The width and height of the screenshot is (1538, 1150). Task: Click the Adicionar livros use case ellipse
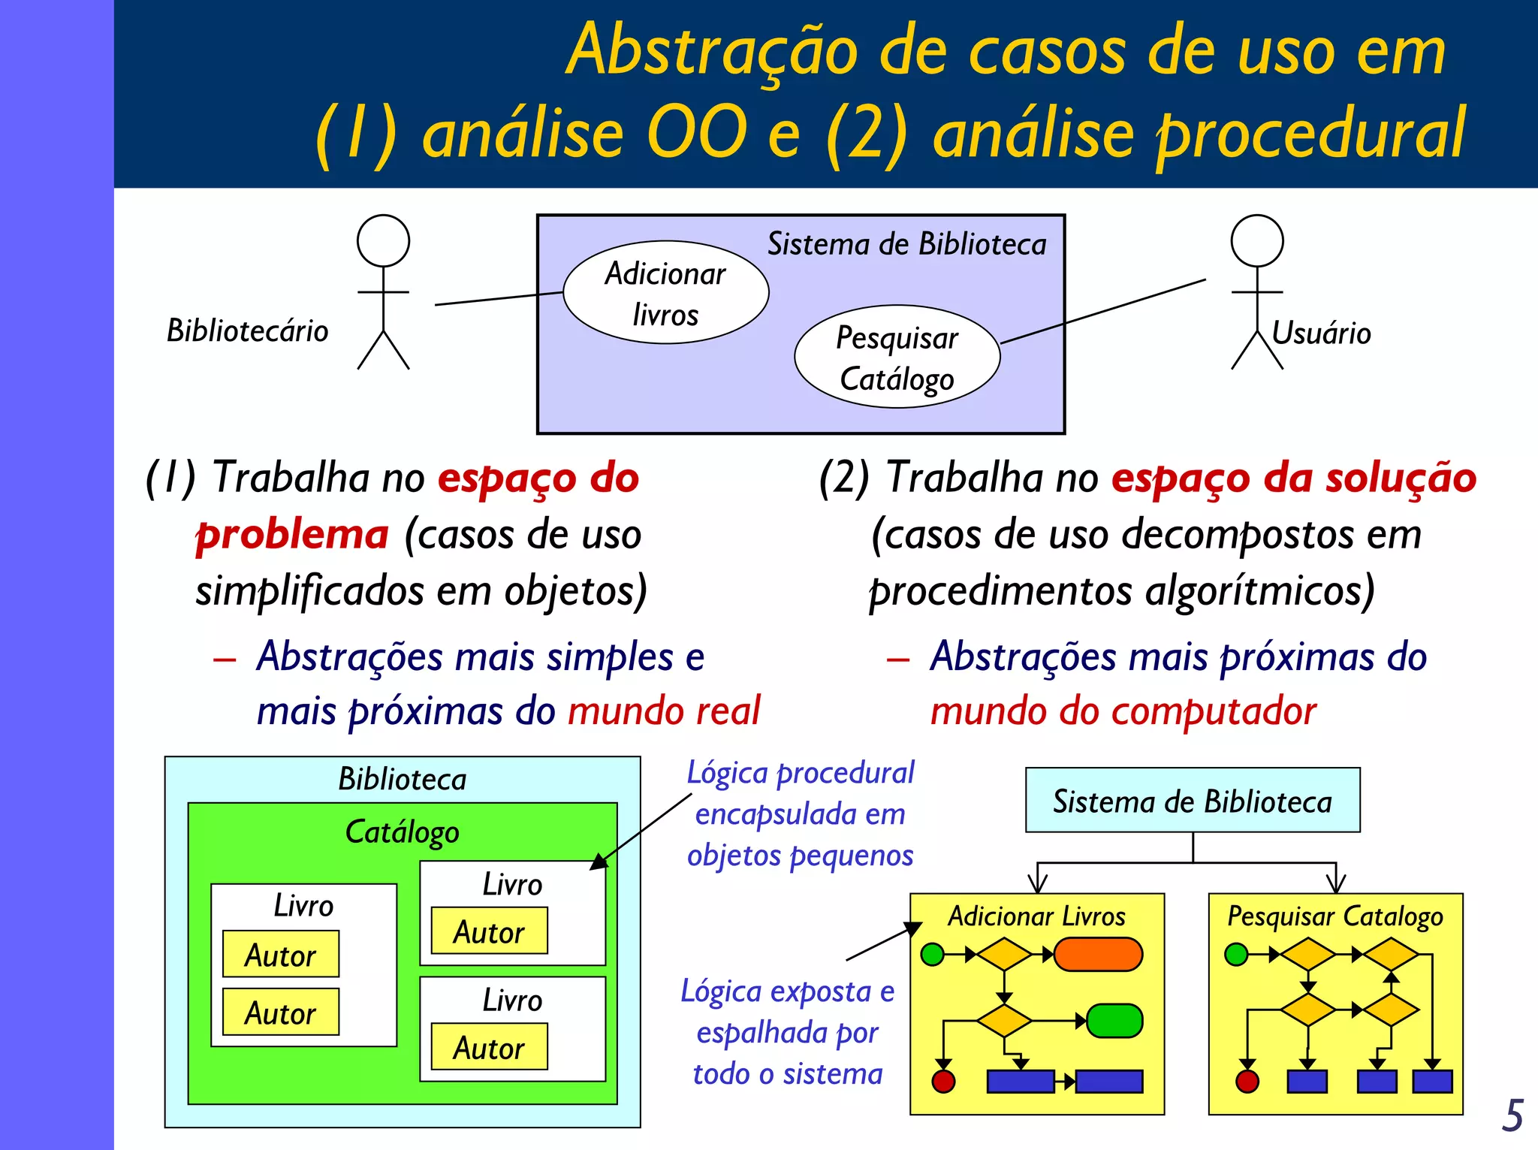tap(665, 293)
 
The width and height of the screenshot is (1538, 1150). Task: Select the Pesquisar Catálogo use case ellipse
tap(897, 358)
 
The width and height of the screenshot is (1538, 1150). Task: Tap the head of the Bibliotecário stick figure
tap(383, 241)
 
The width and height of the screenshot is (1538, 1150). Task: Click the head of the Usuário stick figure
tap(1256, 241)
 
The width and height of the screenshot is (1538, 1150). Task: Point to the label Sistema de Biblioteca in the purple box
tap(906, 245)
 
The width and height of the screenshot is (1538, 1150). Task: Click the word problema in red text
tap(292, 535)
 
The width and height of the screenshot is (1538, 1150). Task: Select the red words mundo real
tap(664, 711)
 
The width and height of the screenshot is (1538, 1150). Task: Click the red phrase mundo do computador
tap(1123, 711)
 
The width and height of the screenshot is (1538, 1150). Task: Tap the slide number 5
tap(1512, 1115)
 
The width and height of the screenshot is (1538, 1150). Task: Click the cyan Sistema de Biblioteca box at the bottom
tap(1192, 801)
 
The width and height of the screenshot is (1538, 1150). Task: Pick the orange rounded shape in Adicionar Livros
tap(1098, 955)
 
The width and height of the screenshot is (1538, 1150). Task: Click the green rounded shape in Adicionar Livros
tap(1114, 1021)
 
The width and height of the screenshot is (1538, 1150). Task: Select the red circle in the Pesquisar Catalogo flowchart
tap(1247, 1082)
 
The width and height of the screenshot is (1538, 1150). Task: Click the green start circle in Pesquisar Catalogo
tap(1235, 955)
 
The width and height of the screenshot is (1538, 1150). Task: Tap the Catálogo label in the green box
tap(402, 832)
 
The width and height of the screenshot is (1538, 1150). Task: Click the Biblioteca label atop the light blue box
tap(402, 779)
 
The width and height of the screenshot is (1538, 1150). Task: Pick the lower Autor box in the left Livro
tap(280, 1013)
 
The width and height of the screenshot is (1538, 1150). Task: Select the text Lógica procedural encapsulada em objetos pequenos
tap(800, 814)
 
